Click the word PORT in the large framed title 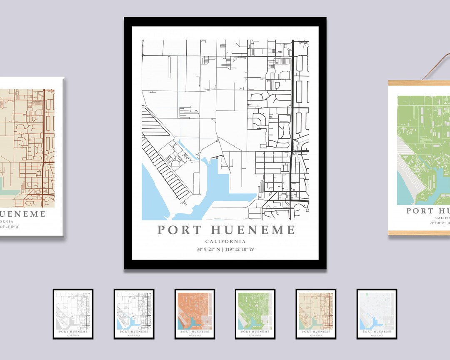179,230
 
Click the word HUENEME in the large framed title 253,230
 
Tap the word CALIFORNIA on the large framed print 225,242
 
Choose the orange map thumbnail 195,313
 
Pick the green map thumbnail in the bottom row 255,313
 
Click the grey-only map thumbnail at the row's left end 73,313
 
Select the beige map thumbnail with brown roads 316,313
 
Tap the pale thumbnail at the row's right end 377,313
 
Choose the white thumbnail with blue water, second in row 134,313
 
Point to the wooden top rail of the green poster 419,83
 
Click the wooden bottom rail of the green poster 419,233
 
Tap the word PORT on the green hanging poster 420,211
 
